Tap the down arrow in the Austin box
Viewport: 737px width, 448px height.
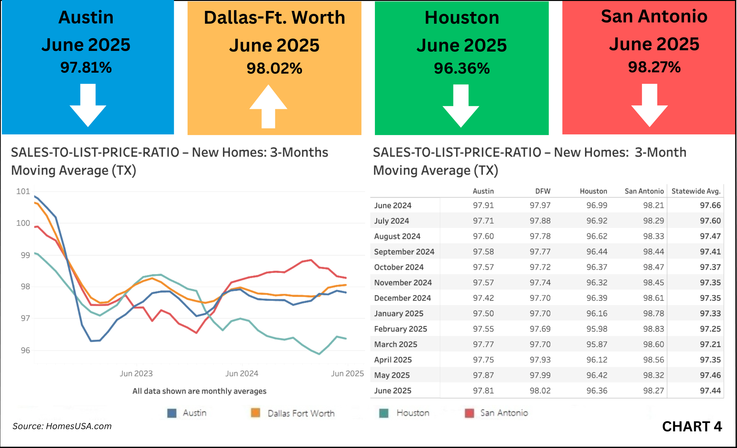pyautogui.click(x=88, y=105)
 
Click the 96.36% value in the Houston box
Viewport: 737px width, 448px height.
pyautogui.click(x=462, y=68)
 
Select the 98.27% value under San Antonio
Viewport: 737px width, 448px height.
pyautogui.click(x=654, y=67)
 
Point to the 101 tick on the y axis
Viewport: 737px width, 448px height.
pyautogui.click(x=23, y=191)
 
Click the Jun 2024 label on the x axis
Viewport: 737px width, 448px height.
pyautogui.click(x=242, y=373)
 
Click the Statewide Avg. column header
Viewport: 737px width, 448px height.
pyautogui.click(x=696, y=191)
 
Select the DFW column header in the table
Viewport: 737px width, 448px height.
pyautogui.click(x=543, y=191)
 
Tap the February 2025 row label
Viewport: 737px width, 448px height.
pyautogui.click(x=401, y=329)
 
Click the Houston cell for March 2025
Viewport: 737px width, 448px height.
pyautogui.click(x=597, y=344)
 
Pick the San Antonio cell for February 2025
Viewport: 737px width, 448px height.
pyautogui.click(x=653, y=329)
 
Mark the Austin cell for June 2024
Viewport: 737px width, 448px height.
pyautogui.click(x=483, y=205)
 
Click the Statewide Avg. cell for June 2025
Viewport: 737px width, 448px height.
pyautogui.click(x=710, y=391)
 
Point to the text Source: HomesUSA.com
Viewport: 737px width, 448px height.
pyautogui.click(x=62, y=426)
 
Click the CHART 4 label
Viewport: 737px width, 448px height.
pyautogui.click(x=692, y=427)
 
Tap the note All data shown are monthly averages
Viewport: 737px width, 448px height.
pyautogui.click(x=199, y=391)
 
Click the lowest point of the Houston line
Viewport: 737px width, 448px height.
pyautogui.click(x=319, y=354)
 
